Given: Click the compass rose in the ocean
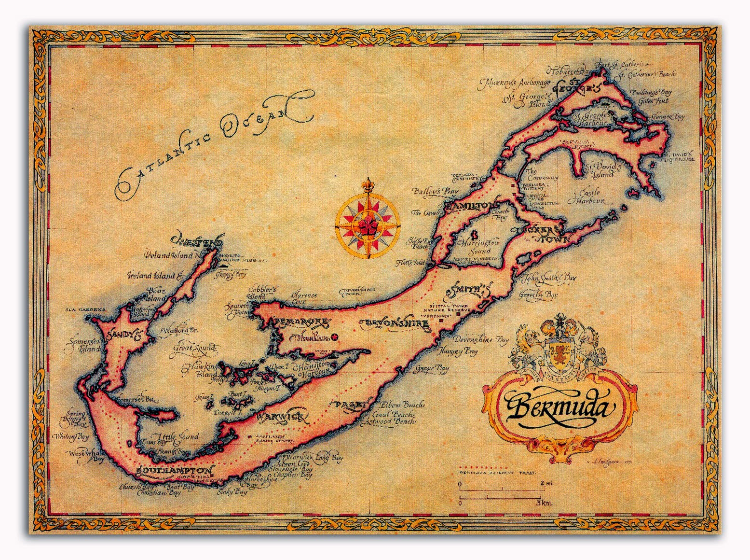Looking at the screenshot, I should point(367,222).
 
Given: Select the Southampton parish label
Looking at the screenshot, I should point(174,470).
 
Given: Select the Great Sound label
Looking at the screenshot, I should point(195,348).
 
